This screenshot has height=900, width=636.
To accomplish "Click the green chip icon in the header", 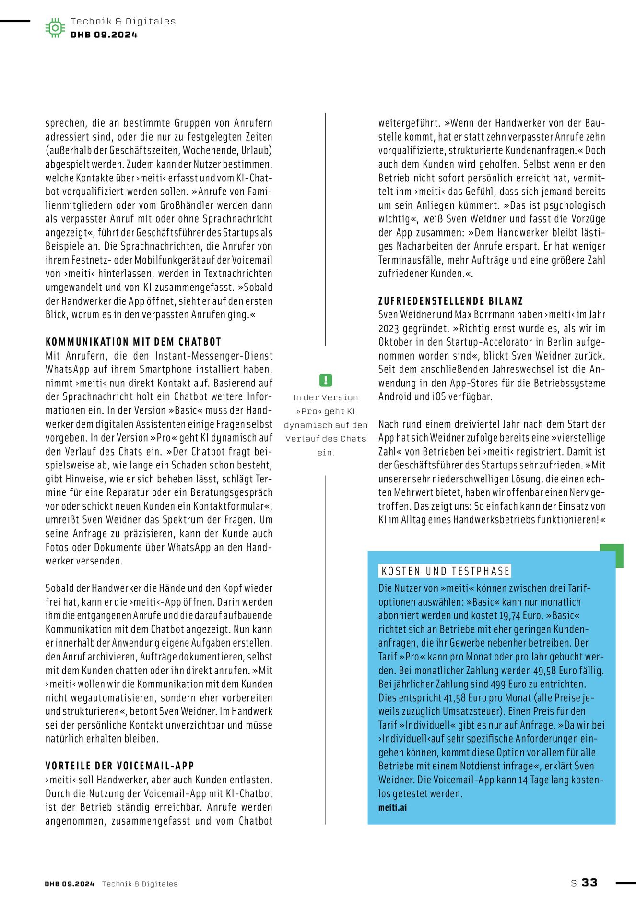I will (x=55, y=28).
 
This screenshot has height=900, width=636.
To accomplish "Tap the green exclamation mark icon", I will (x=326, y=381).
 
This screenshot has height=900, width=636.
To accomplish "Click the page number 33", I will (x=589, y=882).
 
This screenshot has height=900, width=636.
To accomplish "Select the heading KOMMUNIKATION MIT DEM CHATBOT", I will (x=133, y=342).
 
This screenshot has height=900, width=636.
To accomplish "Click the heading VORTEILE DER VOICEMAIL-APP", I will (x=120, y=766).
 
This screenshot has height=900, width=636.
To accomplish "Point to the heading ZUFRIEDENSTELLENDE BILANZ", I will (x=450, y=301).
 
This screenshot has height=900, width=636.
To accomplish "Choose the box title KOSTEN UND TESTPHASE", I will (x=445, y=571).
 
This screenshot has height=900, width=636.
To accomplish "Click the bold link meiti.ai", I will (x=392, y=807).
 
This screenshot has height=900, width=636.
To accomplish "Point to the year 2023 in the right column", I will (x=389, y=328).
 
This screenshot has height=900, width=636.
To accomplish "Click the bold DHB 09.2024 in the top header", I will (x=104, y=35).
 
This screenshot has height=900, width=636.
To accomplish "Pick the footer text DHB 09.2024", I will (x=70, y=884).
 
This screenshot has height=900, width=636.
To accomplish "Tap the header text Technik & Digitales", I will (x=123, y=21).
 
